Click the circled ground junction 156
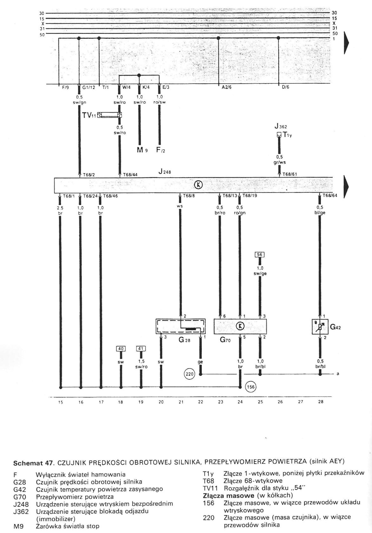coord(251,387)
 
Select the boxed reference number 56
coord(259,254)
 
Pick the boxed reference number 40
coord(121,349)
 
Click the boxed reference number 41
coord(141,349)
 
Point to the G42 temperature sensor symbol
coord(320,327)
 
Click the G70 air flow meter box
coord(240,326)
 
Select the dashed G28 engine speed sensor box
coord(180,326)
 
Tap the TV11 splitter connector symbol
coord(110,115)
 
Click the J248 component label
coord(165,171)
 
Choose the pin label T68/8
coord(189,196)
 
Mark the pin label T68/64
coord(330,196)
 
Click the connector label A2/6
coord(226,87)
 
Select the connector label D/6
coord(285,87)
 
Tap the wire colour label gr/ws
coord(279,162)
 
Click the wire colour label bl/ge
coord(320,213)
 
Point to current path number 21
coord(181,402)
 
